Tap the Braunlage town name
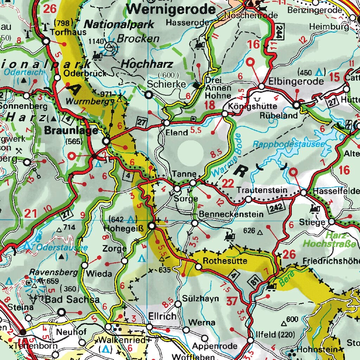[x=71, y=130]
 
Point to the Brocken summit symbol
[x=110, y=45]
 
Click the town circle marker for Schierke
[x=149, y=95]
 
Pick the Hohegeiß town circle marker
[x=152, y=226]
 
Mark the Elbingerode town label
[x=296, y=81]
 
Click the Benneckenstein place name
[x=231, y=214]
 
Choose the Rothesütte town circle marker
[x=198, y=267]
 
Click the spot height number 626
[x=249, y=231]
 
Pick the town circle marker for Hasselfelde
[x=304, y=193]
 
